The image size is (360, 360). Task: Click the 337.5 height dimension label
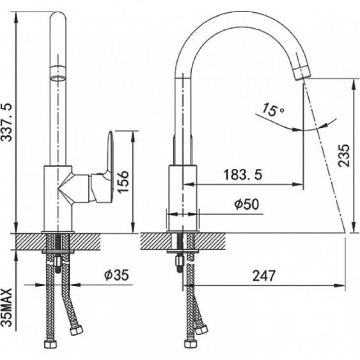pyautogui.click(x=7, y=122)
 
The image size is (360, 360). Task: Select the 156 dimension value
pyautogui.click(x=122, y=181)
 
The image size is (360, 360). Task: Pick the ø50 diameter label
pyautogui.click(x=247, y=204)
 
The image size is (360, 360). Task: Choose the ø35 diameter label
pyautogui.click(x=117, y=275)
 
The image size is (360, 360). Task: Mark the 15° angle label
pyautogui.click(x=273, y=110)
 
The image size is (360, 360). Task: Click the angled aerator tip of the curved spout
pyautogui.click(x=302, y=72)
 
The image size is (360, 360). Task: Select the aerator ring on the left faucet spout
pyautogui.click(x=58, y=73)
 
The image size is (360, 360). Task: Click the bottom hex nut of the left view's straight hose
pyautogui.click(x=50, y=344)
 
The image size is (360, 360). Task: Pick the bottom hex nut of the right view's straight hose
pyautogui.click(x=190, y=343)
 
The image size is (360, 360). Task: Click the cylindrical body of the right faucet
pyautogui.click(x=183, y=198)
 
